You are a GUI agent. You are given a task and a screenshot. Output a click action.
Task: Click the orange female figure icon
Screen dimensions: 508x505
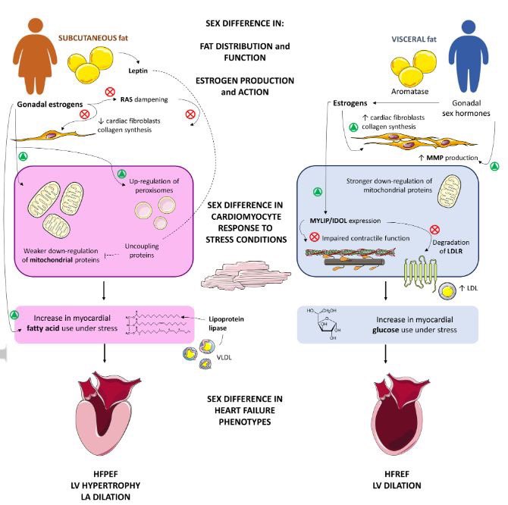pyautogui.click(x=35, y=56)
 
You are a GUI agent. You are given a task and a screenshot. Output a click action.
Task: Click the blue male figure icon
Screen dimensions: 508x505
pyautogui.click(x=469, y=56)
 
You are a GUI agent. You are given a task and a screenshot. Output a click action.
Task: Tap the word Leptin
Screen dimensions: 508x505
pyautogui.click(x=138, y=71)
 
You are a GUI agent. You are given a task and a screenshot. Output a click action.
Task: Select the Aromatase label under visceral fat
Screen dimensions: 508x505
pyautogui.click(x=410, y=91)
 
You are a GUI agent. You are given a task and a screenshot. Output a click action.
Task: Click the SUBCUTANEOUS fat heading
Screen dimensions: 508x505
pyautogui.click(x=93, y=38)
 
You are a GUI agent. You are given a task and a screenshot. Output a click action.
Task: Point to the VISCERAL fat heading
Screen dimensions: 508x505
pyautogui.click(x=414, y=39)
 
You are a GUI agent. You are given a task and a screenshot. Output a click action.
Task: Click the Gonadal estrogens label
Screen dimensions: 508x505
pyautogui.click(x=50, y=105)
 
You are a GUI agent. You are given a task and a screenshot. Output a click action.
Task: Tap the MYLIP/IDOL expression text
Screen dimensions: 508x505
pyautogui.click(x=345, y=221)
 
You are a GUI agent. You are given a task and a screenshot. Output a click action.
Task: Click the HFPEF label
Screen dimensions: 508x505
pyautogui.click(x=105, y=474)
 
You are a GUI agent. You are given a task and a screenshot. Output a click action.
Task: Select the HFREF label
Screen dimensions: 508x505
pyautogui.click(x=397, y=474)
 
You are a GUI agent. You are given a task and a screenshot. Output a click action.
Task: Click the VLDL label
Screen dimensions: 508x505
pyautogui.click(x=224, y=357)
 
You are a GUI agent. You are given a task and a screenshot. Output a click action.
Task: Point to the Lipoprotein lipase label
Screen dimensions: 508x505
pyautogui.click(x=226, y=324)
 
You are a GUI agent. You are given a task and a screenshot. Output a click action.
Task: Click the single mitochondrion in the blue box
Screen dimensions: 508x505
pyautogui.click(x=449, y=191)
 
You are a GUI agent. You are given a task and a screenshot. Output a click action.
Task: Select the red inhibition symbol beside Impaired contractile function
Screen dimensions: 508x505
pyautogui.click(x=314, y=237)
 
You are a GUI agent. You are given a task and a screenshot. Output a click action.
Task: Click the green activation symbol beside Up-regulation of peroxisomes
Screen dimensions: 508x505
pyautogui.click(x=122, y=174)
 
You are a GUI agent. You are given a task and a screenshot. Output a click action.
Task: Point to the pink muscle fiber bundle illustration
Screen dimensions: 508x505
pyautogui.click(x=246, y=275)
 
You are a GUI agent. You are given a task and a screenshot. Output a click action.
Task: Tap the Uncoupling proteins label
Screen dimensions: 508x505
pyautogui.click(x=142, y=251)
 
